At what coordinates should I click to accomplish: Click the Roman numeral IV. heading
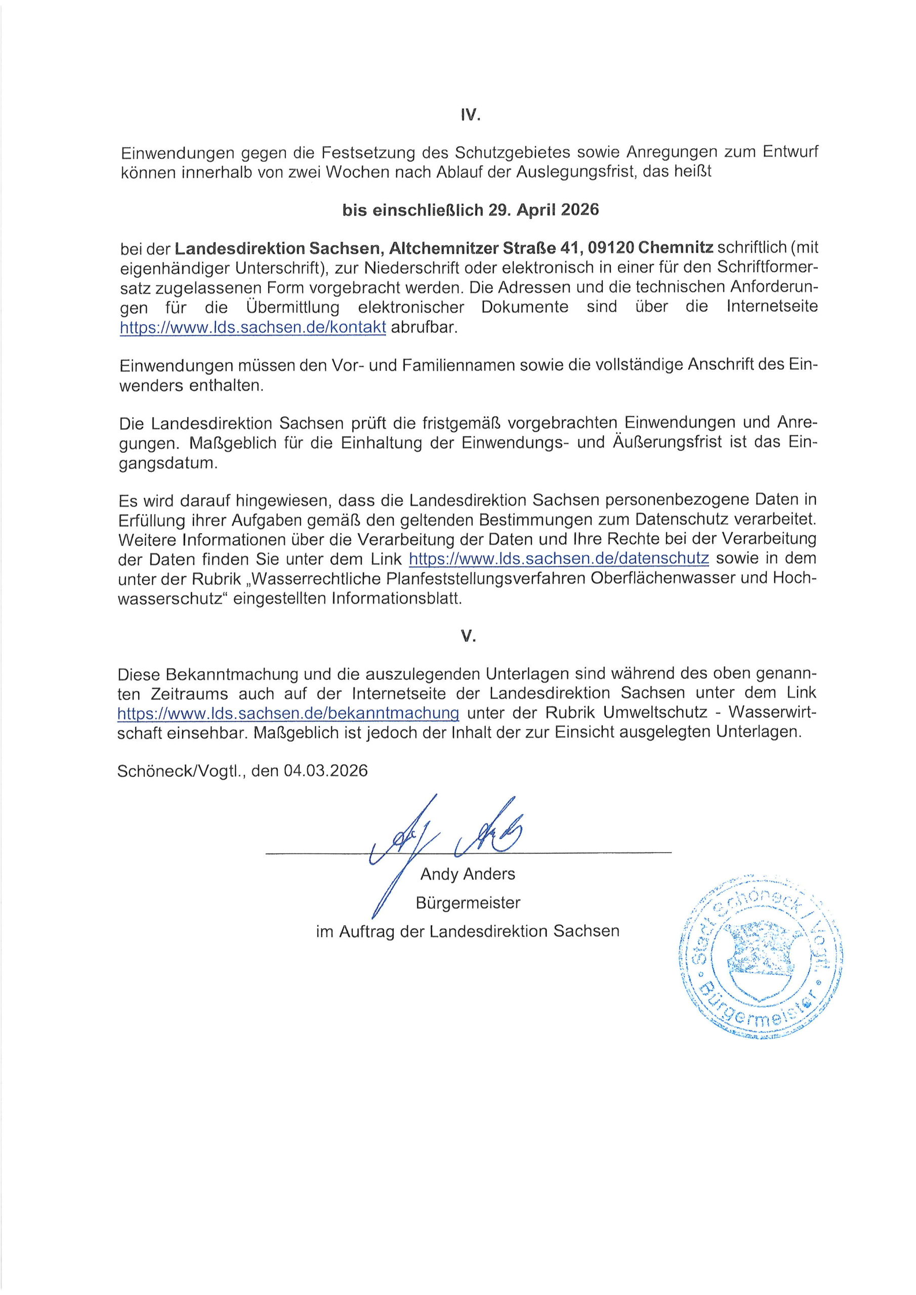click(x=469, y=116)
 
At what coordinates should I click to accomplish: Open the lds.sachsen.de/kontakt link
click(x=253, y=328)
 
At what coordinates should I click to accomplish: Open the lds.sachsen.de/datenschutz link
click(x=558, y=558)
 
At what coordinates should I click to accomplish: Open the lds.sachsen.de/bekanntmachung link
click(x=288, y=713)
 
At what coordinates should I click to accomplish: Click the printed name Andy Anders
click(x=467, y=874)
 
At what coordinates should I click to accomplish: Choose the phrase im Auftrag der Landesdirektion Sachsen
click(x=467, y=931)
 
